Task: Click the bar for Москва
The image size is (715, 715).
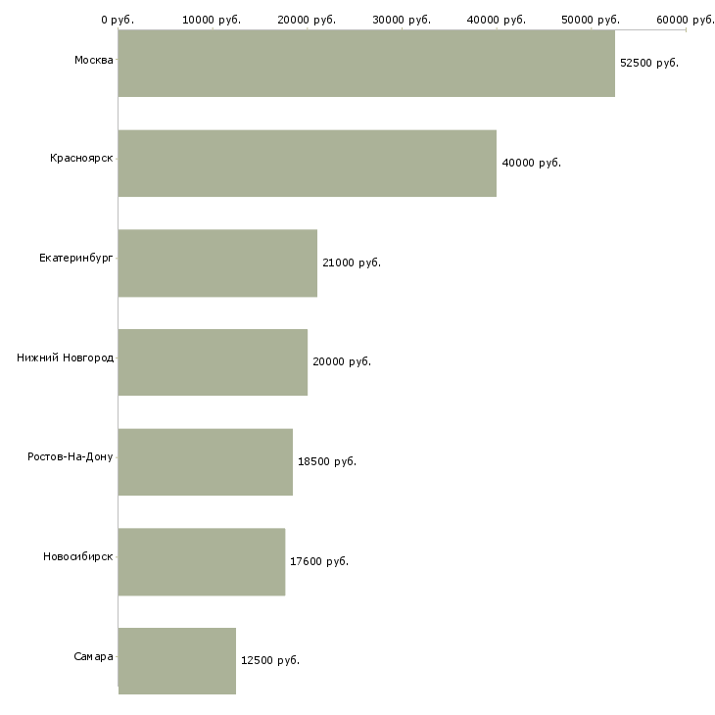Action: [x=366, y=64]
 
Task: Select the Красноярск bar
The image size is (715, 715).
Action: [x=308, y=164]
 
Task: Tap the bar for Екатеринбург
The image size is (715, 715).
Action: [x=218, y=263]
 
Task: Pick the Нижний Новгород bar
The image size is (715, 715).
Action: [x=213, y=362]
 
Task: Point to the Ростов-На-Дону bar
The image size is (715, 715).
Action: [x=206, y=462]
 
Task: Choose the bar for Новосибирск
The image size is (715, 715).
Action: [x=202, y=562]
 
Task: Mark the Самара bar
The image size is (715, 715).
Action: [x=177, y=661]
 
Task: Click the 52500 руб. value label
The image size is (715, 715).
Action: [x=649, y=63]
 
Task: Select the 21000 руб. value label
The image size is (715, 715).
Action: [x=352, y=262]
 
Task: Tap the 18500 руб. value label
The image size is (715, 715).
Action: [x=327, y=461]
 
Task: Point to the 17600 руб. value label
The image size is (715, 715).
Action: [x=319, y=561]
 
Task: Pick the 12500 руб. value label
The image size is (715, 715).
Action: [x=270, y=660]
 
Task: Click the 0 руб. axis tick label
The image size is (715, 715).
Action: [x=118, y=20]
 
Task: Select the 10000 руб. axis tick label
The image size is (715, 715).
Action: [x=212, y=20]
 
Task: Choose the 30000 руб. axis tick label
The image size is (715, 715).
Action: [x=402, y=20]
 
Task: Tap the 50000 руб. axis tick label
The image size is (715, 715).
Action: [x=591, y=20]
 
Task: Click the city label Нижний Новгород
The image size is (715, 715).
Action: [x=66, y=357]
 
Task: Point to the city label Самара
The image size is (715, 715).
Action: [x=93, y=656]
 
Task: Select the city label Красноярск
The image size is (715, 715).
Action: [x=81, y=159]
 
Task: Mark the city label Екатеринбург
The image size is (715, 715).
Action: [x=76, y=259]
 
